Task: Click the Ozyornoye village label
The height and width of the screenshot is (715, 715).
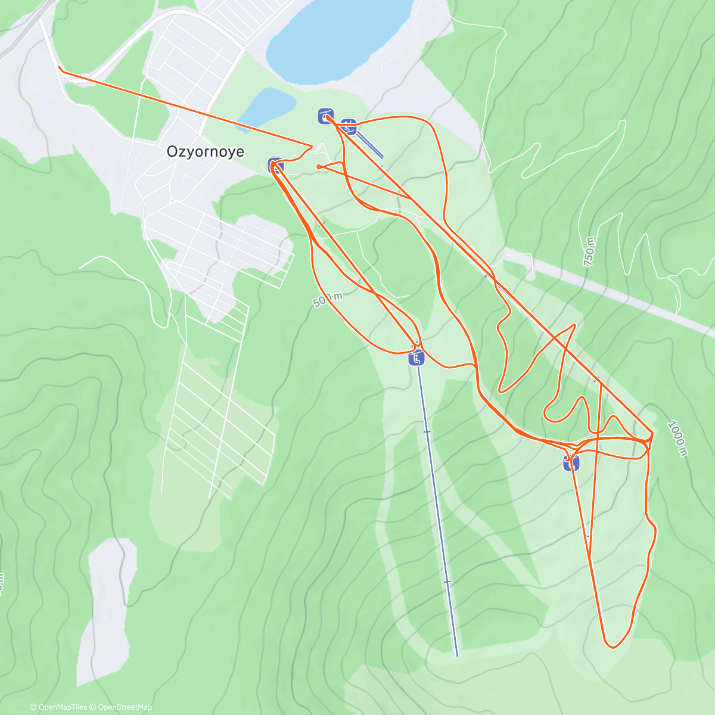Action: (x=206, y=151)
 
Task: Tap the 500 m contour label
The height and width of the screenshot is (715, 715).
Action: (x=328, y=299)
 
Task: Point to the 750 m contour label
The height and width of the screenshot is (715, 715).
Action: (x=589, y=251)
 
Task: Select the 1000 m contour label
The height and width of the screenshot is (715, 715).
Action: (x=677, y=439)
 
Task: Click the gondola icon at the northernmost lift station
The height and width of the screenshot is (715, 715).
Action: (x=325, y=116)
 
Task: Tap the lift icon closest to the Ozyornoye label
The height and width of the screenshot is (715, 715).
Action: (x=275, y=165)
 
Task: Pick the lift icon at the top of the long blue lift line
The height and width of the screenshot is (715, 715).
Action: (x=416, y=358)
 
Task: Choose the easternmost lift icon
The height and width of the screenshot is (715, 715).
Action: (x=571, y=462)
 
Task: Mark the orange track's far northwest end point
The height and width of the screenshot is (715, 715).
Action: (x=59, y=68)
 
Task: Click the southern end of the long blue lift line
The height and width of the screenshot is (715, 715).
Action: (x=457, y=655)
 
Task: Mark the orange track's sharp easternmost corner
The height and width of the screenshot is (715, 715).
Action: (x=652, y=433)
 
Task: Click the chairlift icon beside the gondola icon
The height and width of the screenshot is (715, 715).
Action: (x=350, y=126)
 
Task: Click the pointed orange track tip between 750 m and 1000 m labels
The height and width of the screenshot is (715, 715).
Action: (x=574, y=325)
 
